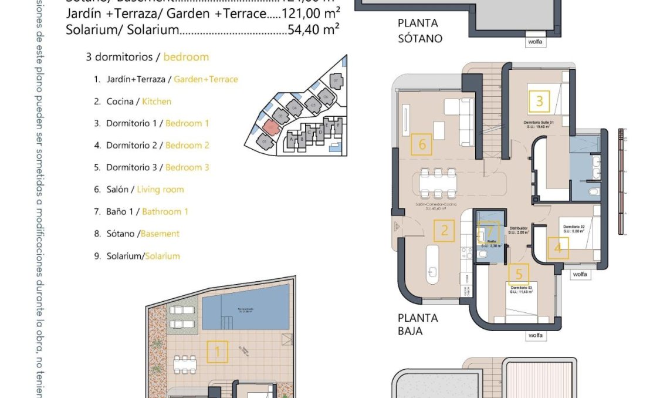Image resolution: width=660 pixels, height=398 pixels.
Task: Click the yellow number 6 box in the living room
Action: tap(422, 144)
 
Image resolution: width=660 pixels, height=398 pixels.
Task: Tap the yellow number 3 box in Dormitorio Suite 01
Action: tap(539, 102)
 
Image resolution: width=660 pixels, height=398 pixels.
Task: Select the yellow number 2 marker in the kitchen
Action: tap(445, 230)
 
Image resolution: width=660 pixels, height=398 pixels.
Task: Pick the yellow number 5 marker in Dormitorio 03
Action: tap(519, 274)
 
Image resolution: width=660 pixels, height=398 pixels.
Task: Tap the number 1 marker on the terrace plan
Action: tap(218, 352)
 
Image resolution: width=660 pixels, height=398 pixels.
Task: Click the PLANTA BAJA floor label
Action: tap(418, 324)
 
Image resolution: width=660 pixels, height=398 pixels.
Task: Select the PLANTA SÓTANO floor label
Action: tap(419, 31)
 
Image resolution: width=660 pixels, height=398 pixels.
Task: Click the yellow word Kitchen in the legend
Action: tap(157, 101)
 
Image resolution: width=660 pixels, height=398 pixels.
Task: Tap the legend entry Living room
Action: tap(160, 189)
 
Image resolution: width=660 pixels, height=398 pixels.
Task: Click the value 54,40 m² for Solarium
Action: tap(314, 28)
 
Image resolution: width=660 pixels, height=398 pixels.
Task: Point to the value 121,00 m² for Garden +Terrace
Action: tap(311, 14)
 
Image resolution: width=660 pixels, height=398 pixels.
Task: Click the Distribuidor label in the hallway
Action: tap(518, 228)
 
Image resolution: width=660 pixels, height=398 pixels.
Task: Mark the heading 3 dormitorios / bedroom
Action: tap(147, 57)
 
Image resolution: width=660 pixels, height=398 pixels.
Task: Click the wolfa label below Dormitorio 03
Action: tap(535, 336)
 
